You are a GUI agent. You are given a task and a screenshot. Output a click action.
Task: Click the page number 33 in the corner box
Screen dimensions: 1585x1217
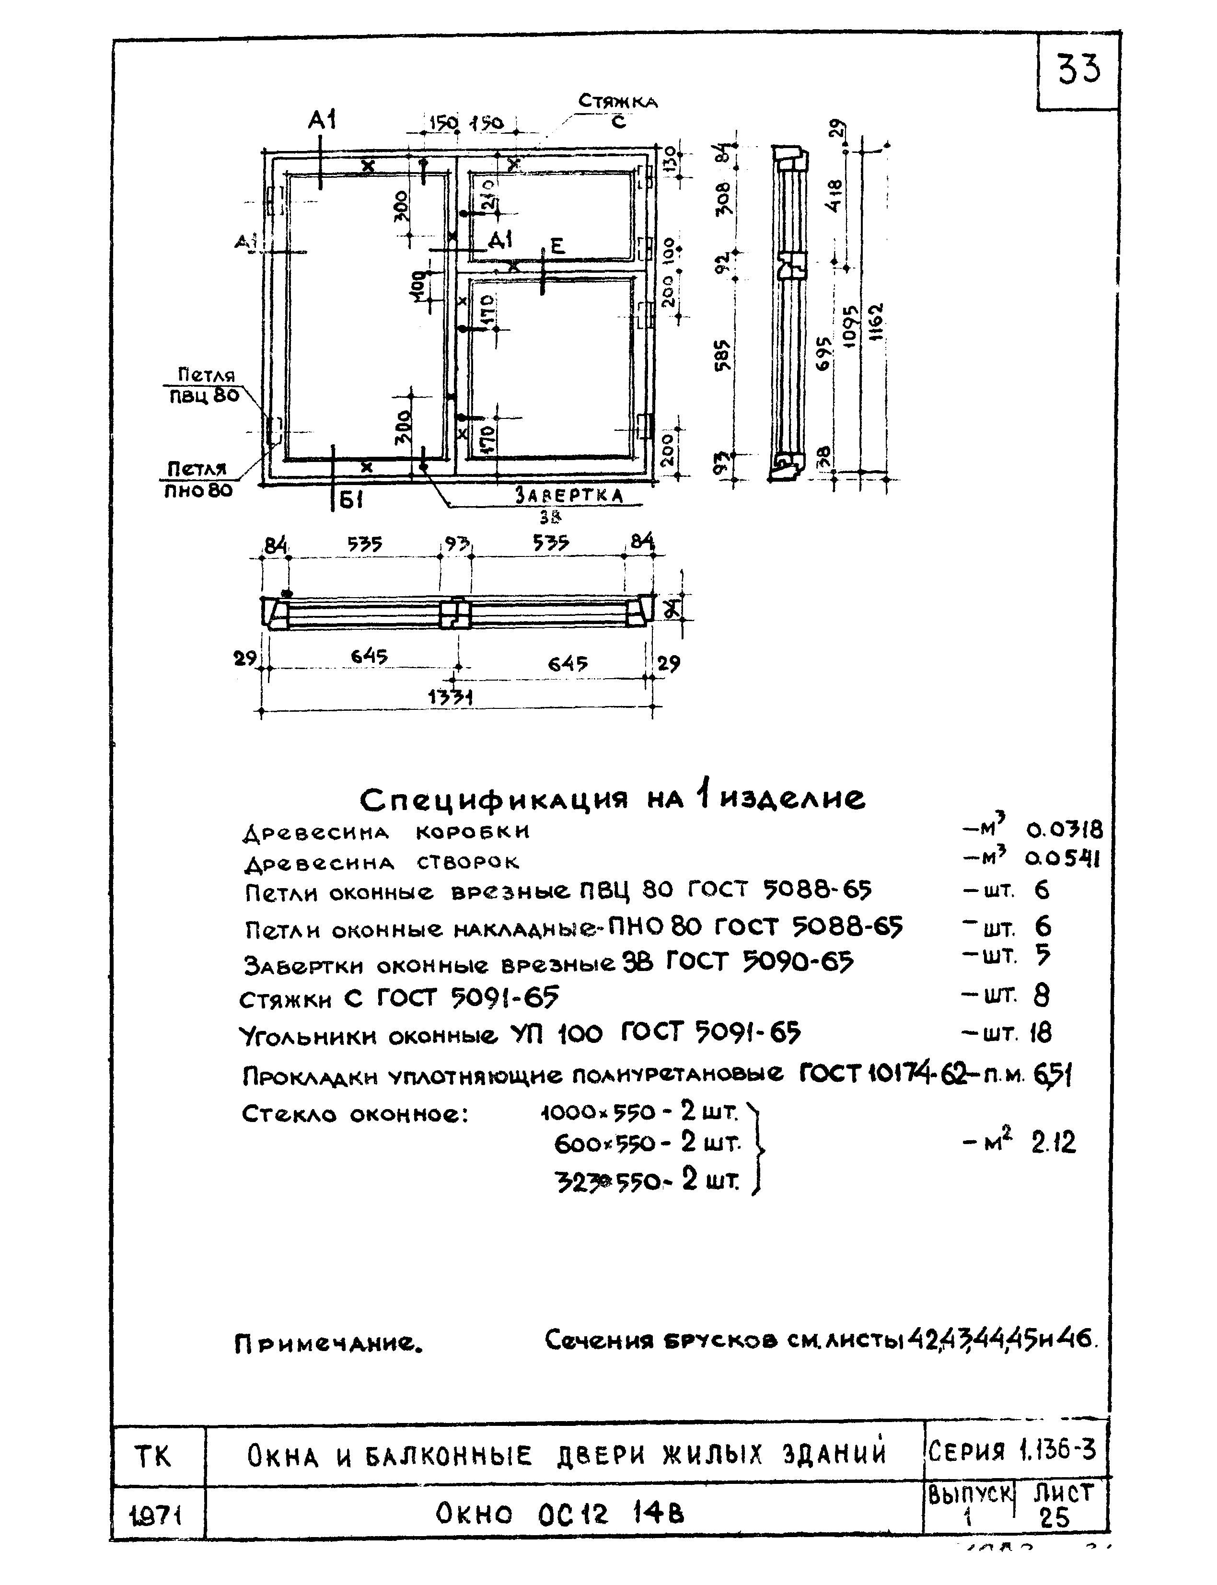coord(1078,70)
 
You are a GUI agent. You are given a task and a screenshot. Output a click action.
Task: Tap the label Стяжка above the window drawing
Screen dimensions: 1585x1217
coord(617,102)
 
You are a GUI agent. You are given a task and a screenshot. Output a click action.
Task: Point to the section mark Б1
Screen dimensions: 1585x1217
coord(350,500)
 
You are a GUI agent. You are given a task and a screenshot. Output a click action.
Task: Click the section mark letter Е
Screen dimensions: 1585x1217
coord(557,246)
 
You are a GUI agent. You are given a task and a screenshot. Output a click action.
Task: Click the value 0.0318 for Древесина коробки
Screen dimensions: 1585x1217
coord(1064,830)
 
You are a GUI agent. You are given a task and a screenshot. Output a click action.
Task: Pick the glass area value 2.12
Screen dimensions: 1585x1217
coord(1053,1143)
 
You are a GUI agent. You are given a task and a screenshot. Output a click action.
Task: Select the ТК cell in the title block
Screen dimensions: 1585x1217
coord(153,1455)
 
